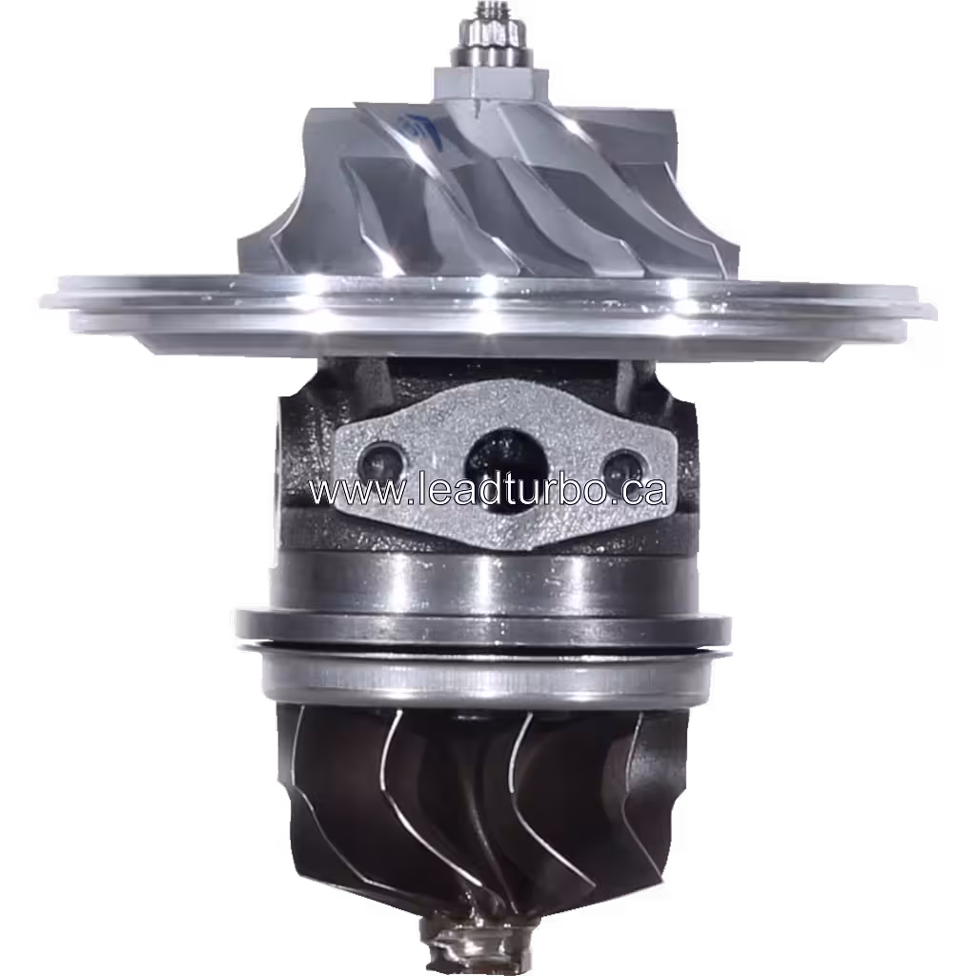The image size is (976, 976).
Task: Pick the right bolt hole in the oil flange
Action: [x=623, y=468]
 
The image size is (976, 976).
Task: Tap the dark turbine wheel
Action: [x=477, y=810]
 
